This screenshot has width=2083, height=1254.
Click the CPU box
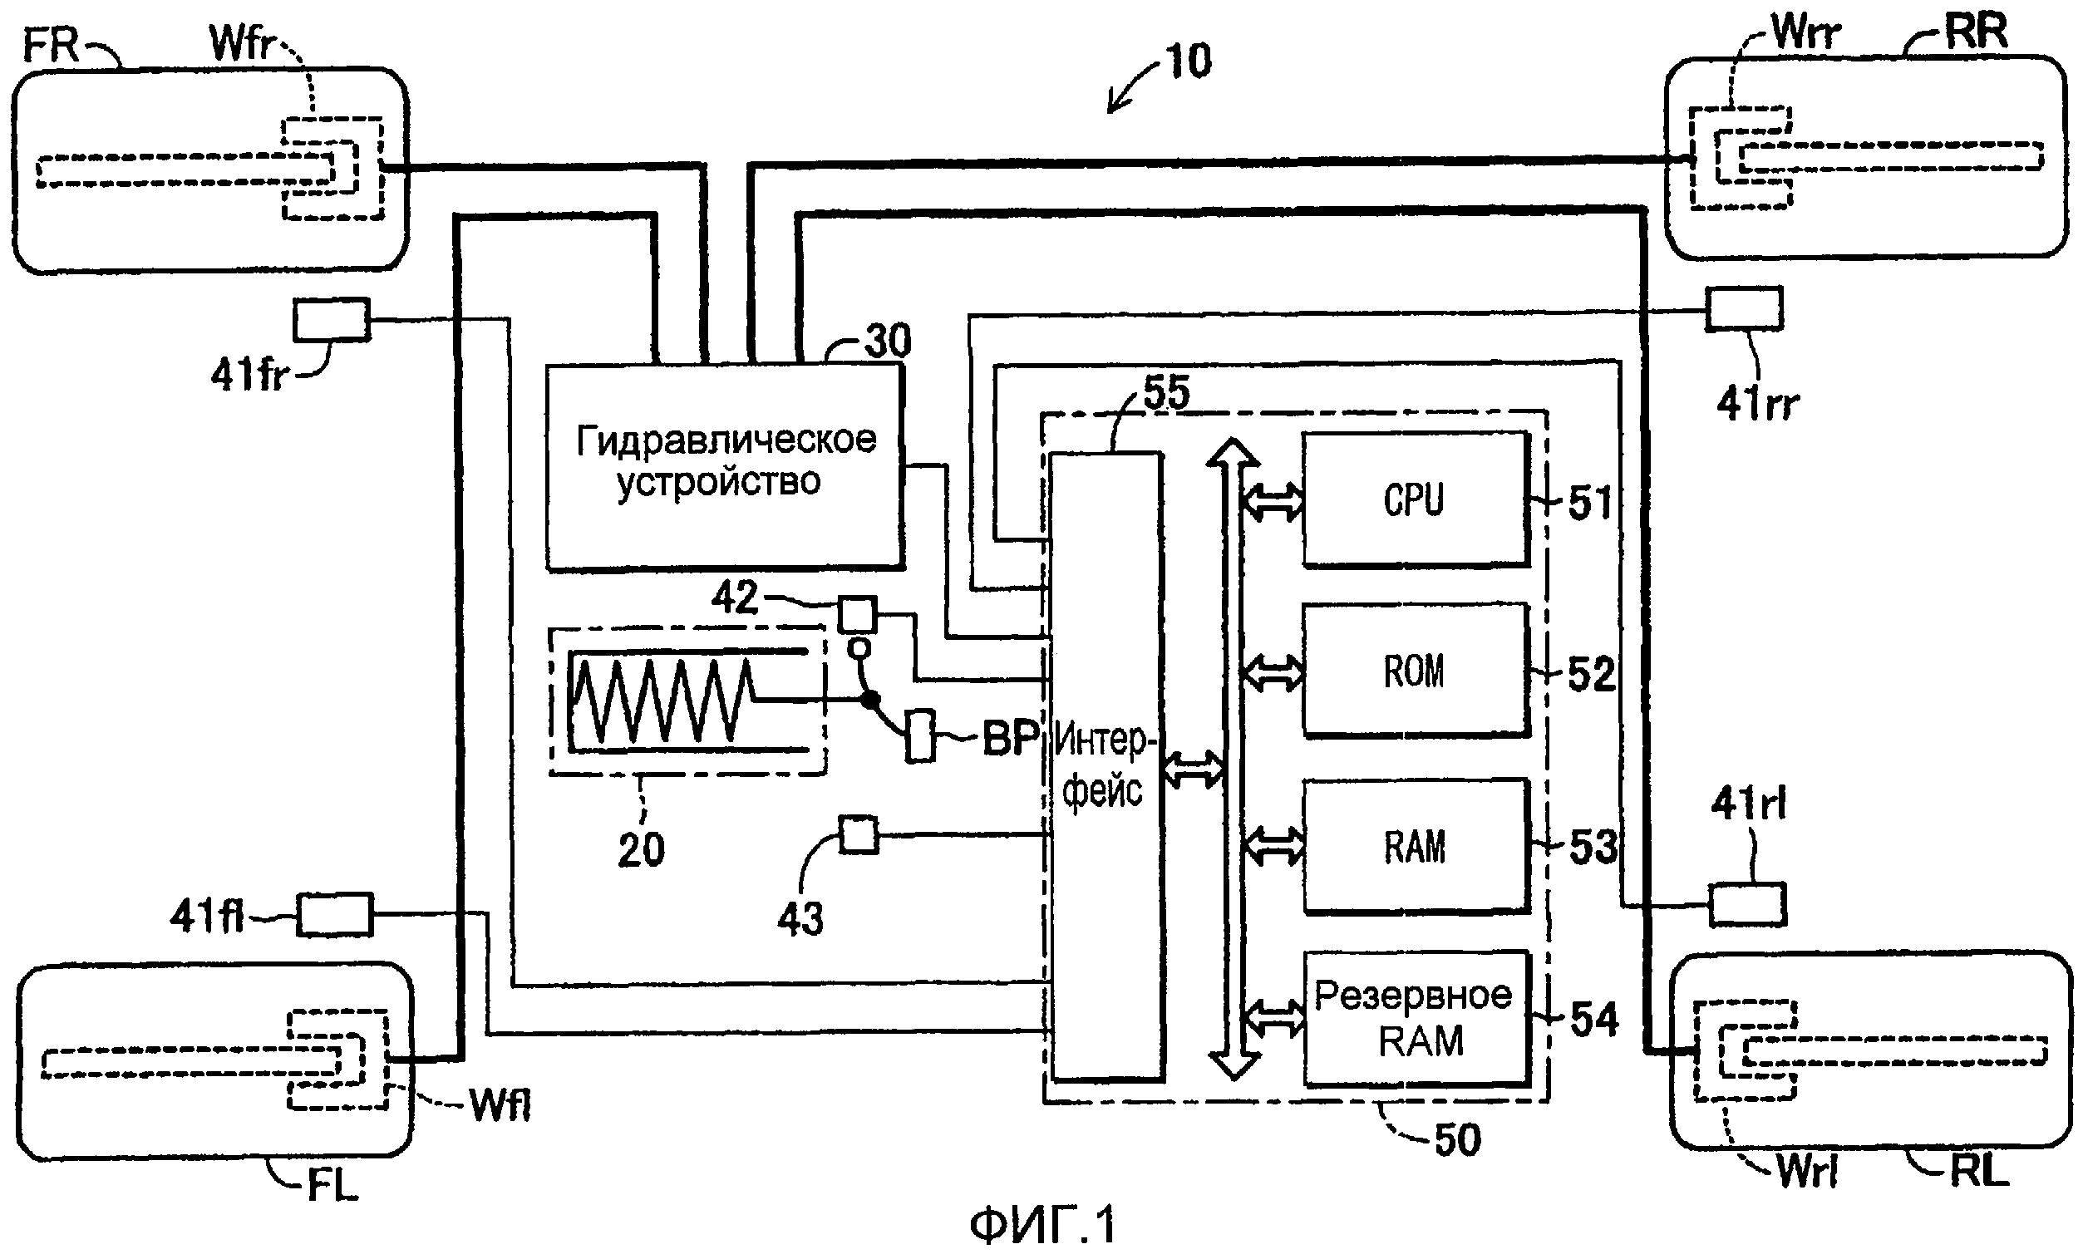tap(1415, 499)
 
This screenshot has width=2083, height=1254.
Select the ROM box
tap(1415, 671)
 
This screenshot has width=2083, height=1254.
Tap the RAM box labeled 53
tap(1415, 846)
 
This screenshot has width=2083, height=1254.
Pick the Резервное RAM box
tap(1416, 1018)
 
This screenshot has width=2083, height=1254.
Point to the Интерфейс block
tap(1105, 765)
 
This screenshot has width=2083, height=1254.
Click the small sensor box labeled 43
tap(859, 835)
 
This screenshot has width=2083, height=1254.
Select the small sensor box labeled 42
tap(857, 614)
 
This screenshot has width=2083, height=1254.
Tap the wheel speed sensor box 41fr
tap(332, 319)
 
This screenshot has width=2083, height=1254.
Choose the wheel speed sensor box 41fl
tap(334, 915)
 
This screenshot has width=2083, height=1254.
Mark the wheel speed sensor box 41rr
tap(1744, 309)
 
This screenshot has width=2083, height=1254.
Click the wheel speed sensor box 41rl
tap(1747, 905)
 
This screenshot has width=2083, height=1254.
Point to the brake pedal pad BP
tap(920, 736)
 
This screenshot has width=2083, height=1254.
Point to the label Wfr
tap(244, 45)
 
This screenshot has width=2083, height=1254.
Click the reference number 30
tap(888, 342)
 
